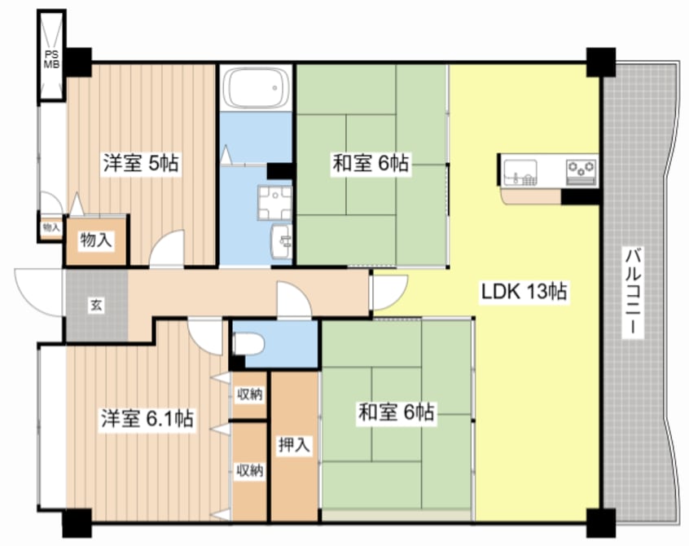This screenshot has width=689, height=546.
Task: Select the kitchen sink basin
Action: [520, 173]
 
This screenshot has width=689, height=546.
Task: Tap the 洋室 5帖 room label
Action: [141, 163]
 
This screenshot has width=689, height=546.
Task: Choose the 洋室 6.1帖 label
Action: [147, 419]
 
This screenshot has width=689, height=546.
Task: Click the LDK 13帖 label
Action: [523, 291]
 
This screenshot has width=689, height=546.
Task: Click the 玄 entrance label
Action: [96, 306]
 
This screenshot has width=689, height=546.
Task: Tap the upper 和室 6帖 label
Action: [370, 163]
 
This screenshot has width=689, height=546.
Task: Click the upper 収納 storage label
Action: [249, 395]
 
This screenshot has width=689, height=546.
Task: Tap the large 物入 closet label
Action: [95, 240]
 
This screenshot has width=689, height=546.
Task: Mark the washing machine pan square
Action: [274, 201]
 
